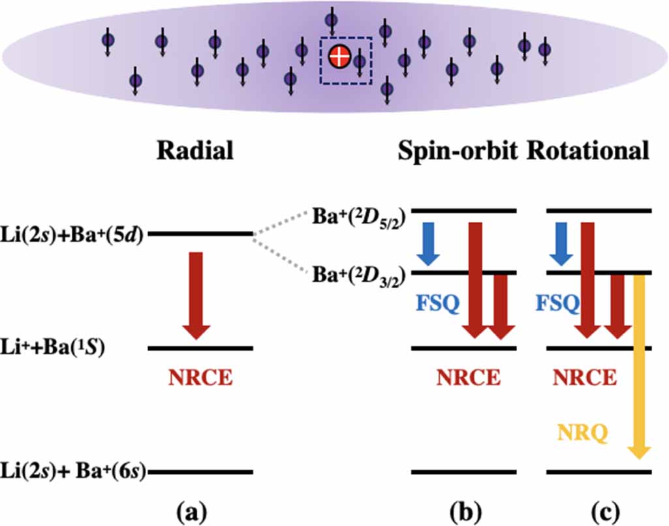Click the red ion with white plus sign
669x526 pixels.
[339, 57]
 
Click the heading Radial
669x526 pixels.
[194, 151]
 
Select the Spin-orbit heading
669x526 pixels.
[459, 151]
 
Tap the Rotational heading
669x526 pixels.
[588, 151]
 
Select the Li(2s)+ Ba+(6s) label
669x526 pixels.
[73, 471]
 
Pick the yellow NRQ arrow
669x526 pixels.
[638, 365]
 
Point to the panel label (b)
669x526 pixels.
[464, 509]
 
